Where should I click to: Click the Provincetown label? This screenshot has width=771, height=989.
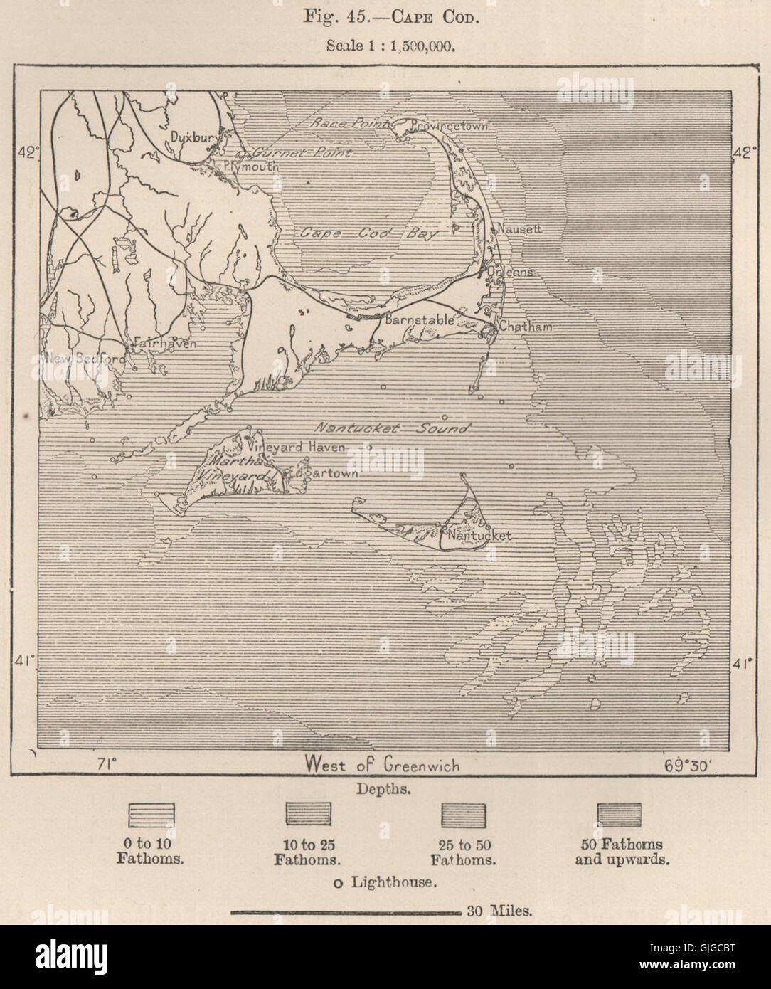pos(450,126)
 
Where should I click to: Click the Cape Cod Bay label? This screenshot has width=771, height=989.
pos(369,233)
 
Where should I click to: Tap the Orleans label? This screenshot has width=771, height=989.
pos(509,273)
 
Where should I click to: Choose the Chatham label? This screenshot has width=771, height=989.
pos(525,327)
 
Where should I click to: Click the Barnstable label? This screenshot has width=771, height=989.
pos(419,320)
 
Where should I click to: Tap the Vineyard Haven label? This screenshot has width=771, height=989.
pos(296,448)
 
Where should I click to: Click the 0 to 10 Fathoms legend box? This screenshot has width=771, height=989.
pos(151,815)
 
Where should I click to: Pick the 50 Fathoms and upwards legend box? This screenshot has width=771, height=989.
pos(619,815)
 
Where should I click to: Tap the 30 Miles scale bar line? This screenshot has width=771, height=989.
pos(346,911)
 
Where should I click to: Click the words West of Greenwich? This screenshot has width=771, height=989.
pos(382,766)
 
